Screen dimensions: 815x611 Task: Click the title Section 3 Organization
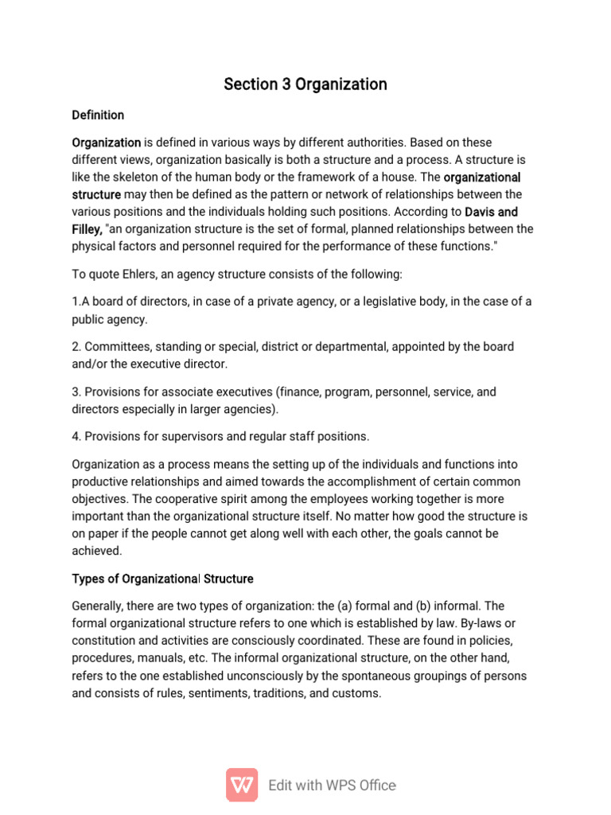point(305,84)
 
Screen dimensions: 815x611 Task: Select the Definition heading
point(98,115)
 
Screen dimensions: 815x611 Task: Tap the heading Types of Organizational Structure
point(162,579)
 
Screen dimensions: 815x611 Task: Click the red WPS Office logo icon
point(242,784)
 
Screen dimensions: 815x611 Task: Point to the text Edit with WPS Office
point(332,785)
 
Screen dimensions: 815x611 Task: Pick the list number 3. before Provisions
point(76,392)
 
